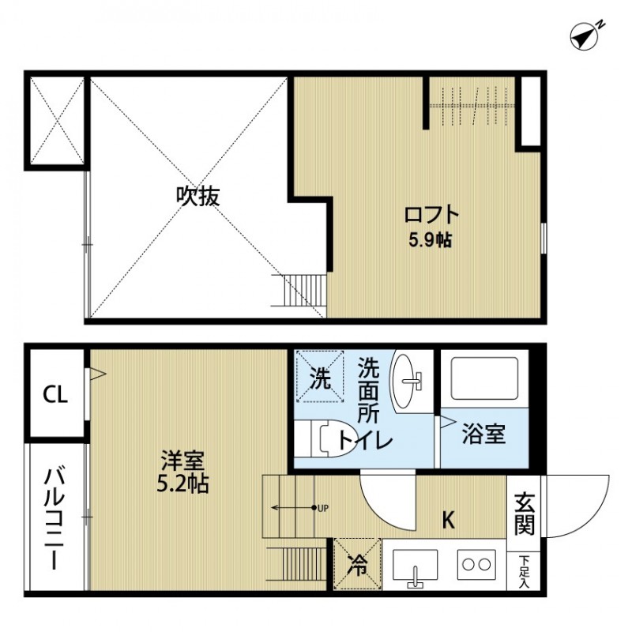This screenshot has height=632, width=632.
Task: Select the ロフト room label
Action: pyautogui.click(x=431, y=214)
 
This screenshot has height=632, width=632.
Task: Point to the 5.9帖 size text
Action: pyautogui.click(x=431, y=240)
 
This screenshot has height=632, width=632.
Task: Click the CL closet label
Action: pyautogui.click(x=55, y=393)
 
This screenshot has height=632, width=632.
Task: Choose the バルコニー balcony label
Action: pyautogui.click(x=55, y=518)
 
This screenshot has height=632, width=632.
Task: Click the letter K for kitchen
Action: pyautogui.click(x=448, y=520)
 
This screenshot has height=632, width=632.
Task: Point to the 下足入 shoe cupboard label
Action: pyautogui.click(x=525, y=572)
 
